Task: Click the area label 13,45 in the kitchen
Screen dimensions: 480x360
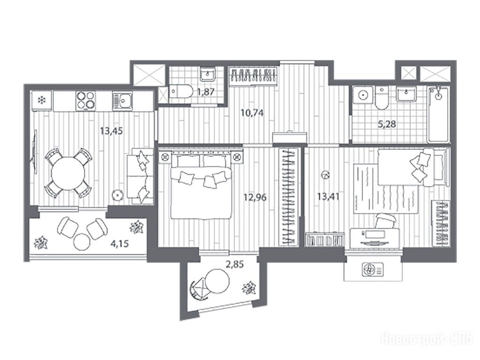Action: click(x=112, y=131)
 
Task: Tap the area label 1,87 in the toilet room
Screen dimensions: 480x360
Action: click(x=206, y=92)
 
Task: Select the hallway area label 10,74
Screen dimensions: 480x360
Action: click(x=252, y=113)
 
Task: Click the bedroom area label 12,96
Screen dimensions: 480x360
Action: click(x=255, y=197)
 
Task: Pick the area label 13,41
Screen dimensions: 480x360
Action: click(x=328, y=196)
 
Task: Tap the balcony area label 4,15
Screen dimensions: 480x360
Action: click(x=120, y=244)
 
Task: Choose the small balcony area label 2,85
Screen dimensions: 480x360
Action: click(x=235, y=264)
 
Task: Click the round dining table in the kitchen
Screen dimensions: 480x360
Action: click(x=68, y=173)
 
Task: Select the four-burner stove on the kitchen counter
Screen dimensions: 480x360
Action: click(x=85, y=100)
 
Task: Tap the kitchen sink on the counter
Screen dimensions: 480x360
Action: click(x=122, y=100)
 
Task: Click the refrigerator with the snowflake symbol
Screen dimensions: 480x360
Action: click(x=42, y=100)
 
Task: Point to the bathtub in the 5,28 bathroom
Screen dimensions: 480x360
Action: click(x=439, y=114)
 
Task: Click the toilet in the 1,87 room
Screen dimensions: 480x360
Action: click(x=180, y=91)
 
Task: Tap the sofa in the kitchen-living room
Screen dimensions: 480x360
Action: click(x=140, y=176)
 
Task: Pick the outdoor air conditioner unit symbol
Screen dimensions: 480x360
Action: click(x=373, y=270)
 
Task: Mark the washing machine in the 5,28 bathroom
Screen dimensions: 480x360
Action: click(x=363, y=96)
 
